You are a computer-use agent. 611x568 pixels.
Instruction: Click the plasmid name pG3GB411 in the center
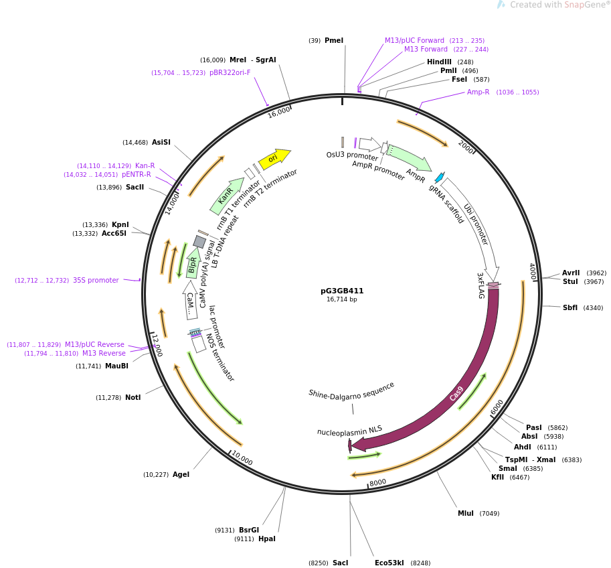point(342,291)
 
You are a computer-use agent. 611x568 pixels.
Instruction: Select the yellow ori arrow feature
point(274,158)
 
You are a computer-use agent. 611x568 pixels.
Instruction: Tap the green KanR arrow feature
point(227,195)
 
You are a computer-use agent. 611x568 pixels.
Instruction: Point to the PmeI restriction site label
point(334,41)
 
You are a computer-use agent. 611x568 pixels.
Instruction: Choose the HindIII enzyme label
point(439,62)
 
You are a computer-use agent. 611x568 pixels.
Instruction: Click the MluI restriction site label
point(466,514)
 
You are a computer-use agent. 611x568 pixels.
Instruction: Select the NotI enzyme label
point(133,398)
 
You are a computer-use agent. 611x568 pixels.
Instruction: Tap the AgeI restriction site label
point(181,475)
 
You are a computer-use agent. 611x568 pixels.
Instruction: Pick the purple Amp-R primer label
point(478,92)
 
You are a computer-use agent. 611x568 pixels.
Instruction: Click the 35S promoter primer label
point(96,281)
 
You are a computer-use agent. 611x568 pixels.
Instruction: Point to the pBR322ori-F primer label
point(230,73)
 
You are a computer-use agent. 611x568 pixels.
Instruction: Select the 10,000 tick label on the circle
point(242,459)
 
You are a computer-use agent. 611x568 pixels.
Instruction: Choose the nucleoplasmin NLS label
point(349,430)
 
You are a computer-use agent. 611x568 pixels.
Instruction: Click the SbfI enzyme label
point(570,308)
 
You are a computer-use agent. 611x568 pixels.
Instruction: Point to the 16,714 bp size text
point(342,299)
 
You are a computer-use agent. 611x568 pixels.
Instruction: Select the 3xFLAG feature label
point(480,285)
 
